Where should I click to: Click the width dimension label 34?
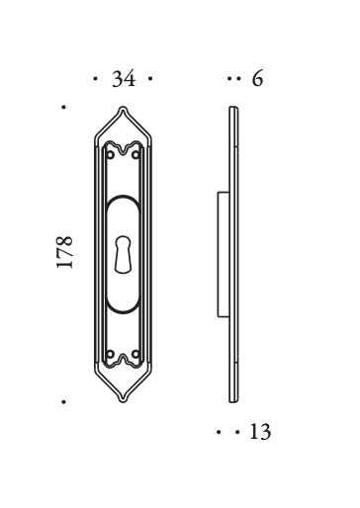tap(124, 79)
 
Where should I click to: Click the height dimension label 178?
tap(64, 252)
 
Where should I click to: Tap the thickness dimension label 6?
tap(258, 79)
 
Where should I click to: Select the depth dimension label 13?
tap(260, 432)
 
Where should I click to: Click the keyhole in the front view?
tap(123, 254)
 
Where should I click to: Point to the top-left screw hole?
tap(111, 154)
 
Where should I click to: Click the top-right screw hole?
tap(135, 154)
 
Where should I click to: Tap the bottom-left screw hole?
tap(111, 354)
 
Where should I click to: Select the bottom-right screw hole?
tap(135, 354)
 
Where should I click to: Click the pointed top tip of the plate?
tap(123, 107)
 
